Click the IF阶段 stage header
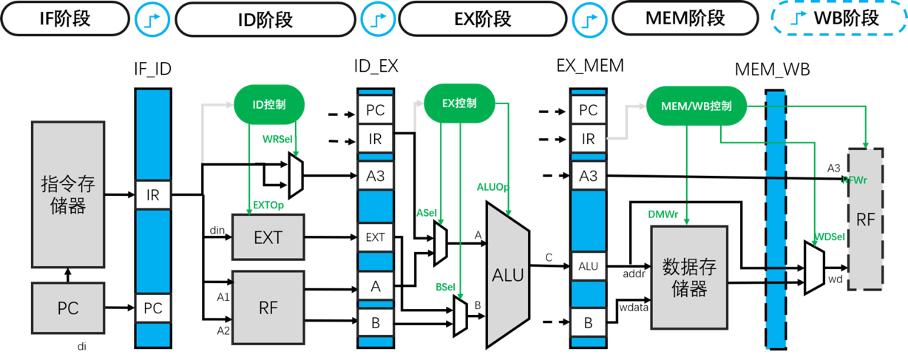point(64,18)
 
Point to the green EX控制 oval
point(459,103)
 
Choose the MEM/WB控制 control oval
point(696,106)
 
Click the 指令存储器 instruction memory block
point(67,194)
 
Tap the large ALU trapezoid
point(507,275)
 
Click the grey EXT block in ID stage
point(268,237)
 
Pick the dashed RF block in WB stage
point(865,220)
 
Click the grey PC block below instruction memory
point(67,308)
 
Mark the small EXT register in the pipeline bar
point(376,237)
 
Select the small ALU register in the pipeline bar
point(588,266)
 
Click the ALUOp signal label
point(492,188)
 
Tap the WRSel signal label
point(277,139)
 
